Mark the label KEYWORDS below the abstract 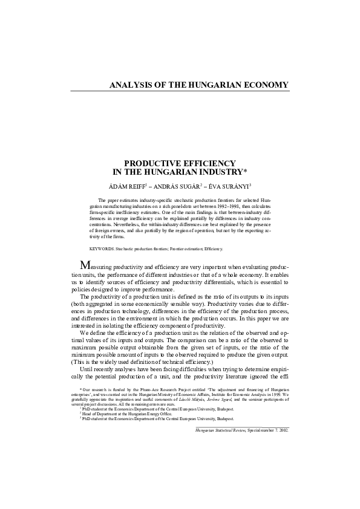click(101, 248)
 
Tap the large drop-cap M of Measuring click(87, 266)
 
